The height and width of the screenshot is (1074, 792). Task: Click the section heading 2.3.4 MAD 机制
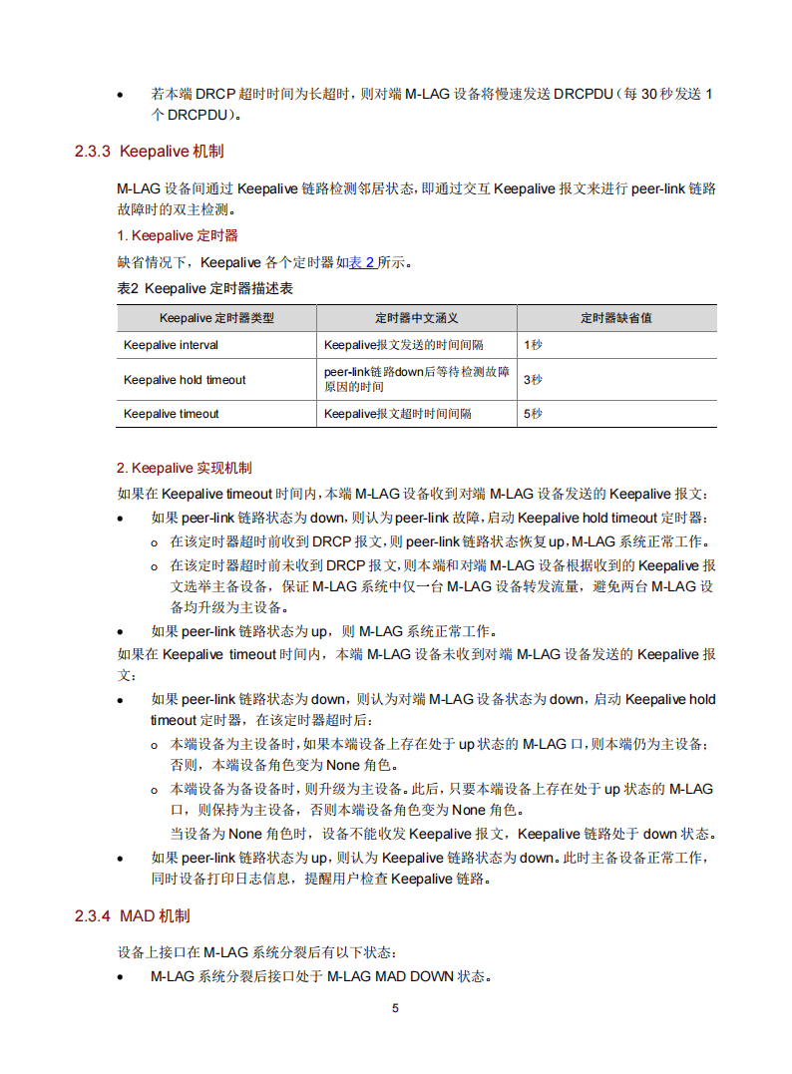coord(132,915)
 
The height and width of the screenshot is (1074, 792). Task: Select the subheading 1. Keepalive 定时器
coord(178,235)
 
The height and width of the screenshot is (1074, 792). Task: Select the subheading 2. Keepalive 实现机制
coord(185,468)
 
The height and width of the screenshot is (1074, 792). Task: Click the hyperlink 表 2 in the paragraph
coord(361,262)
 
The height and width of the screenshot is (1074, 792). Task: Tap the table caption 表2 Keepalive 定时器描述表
coord(204,289)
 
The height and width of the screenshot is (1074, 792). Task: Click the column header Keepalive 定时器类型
coord(216,318)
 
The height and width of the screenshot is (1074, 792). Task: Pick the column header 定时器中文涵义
coord(416,318)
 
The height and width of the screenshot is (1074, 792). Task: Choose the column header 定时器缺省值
coord(615,318)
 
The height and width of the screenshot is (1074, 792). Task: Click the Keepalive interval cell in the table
coord(171,345)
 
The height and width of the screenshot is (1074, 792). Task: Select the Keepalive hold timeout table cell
coord(185,380)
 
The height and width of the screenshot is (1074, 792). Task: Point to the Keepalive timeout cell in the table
coord(172,414)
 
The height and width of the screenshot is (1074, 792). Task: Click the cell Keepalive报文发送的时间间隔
coord(403,345)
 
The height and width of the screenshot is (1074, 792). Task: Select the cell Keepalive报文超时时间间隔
coord(397,414)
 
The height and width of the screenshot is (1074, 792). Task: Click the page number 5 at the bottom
coord(395,1008)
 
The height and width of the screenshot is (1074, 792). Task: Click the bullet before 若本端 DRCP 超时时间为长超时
coord(121,96)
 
